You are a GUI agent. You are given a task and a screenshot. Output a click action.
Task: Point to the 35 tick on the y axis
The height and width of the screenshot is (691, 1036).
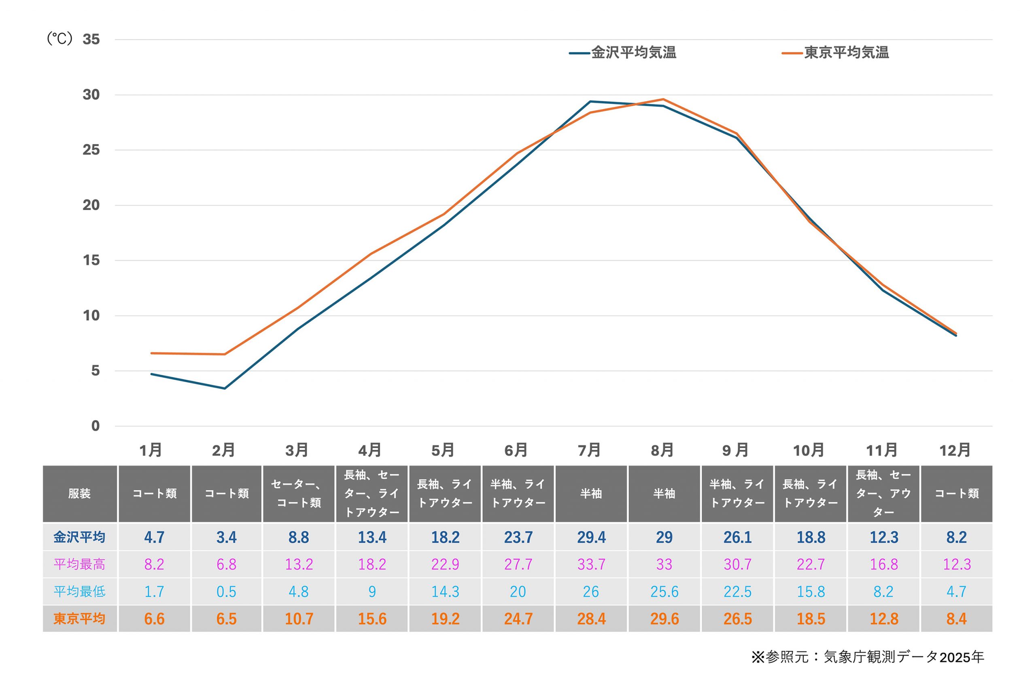(x=91, y=40)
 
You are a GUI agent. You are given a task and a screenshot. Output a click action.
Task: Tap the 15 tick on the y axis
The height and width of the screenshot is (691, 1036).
(x=91, y=260)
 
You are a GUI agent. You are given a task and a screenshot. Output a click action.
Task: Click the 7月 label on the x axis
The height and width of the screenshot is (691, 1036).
(x=589, y=451)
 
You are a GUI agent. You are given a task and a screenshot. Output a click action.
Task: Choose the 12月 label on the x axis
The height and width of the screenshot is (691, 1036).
(x=955, y=451)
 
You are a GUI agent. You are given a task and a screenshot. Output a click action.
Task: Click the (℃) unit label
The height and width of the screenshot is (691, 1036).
(x=59, y=39)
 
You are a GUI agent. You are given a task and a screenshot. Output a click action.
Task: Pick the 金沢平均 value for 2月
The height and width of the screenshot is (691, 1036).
(x=226, y=537)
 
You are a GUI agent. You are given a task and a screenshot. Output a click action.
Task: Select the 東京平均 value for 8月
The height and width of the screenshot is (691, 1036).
(x=664, y=619)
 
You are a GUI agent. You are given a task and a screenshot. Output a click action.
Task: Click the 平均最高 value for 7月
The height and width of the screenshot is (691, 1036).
(x=591, y=564)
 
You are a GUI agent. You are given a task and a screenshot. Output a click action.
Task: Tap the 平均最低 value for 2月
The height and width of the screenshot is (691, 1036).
(x=226, y=591)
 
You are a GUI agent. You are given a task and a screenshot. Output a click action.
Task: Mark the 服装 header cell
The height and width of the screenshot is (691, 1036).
(x=80, y=493)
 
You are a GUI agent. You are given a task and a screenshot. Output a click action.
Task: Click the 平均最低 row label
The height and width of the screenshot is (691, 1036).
(x=80, y=591)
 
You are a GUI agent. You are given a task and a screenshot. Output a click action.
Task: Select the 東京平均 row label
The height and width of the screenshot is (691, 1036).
(x=80, y=619)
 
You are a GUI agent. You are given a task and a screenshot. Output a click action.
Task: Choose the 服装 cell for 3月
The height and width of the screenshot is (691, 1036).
(x=299, y=493)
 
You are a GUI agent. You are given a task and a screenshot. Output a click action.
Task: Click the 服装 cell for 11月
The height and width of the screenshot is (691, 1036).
(x=883, y=493)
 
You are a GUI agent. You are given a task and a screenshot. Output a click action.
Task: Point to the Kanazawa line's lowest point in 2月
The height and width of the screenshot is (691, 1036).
(x=225, y=388)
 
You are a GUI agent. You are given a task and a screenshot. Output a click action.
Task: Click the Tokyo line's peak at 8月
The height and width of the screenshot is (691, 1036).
(x=663, y=99)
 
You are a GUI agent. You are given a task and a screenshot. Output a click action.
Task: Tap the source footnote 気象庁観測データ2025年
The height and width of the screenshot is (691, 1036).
(x=868, y=657)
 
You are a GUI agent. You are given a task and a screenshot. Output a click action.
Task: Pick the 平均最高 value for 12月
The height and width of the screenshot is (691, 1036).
(x=957, y=564)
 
